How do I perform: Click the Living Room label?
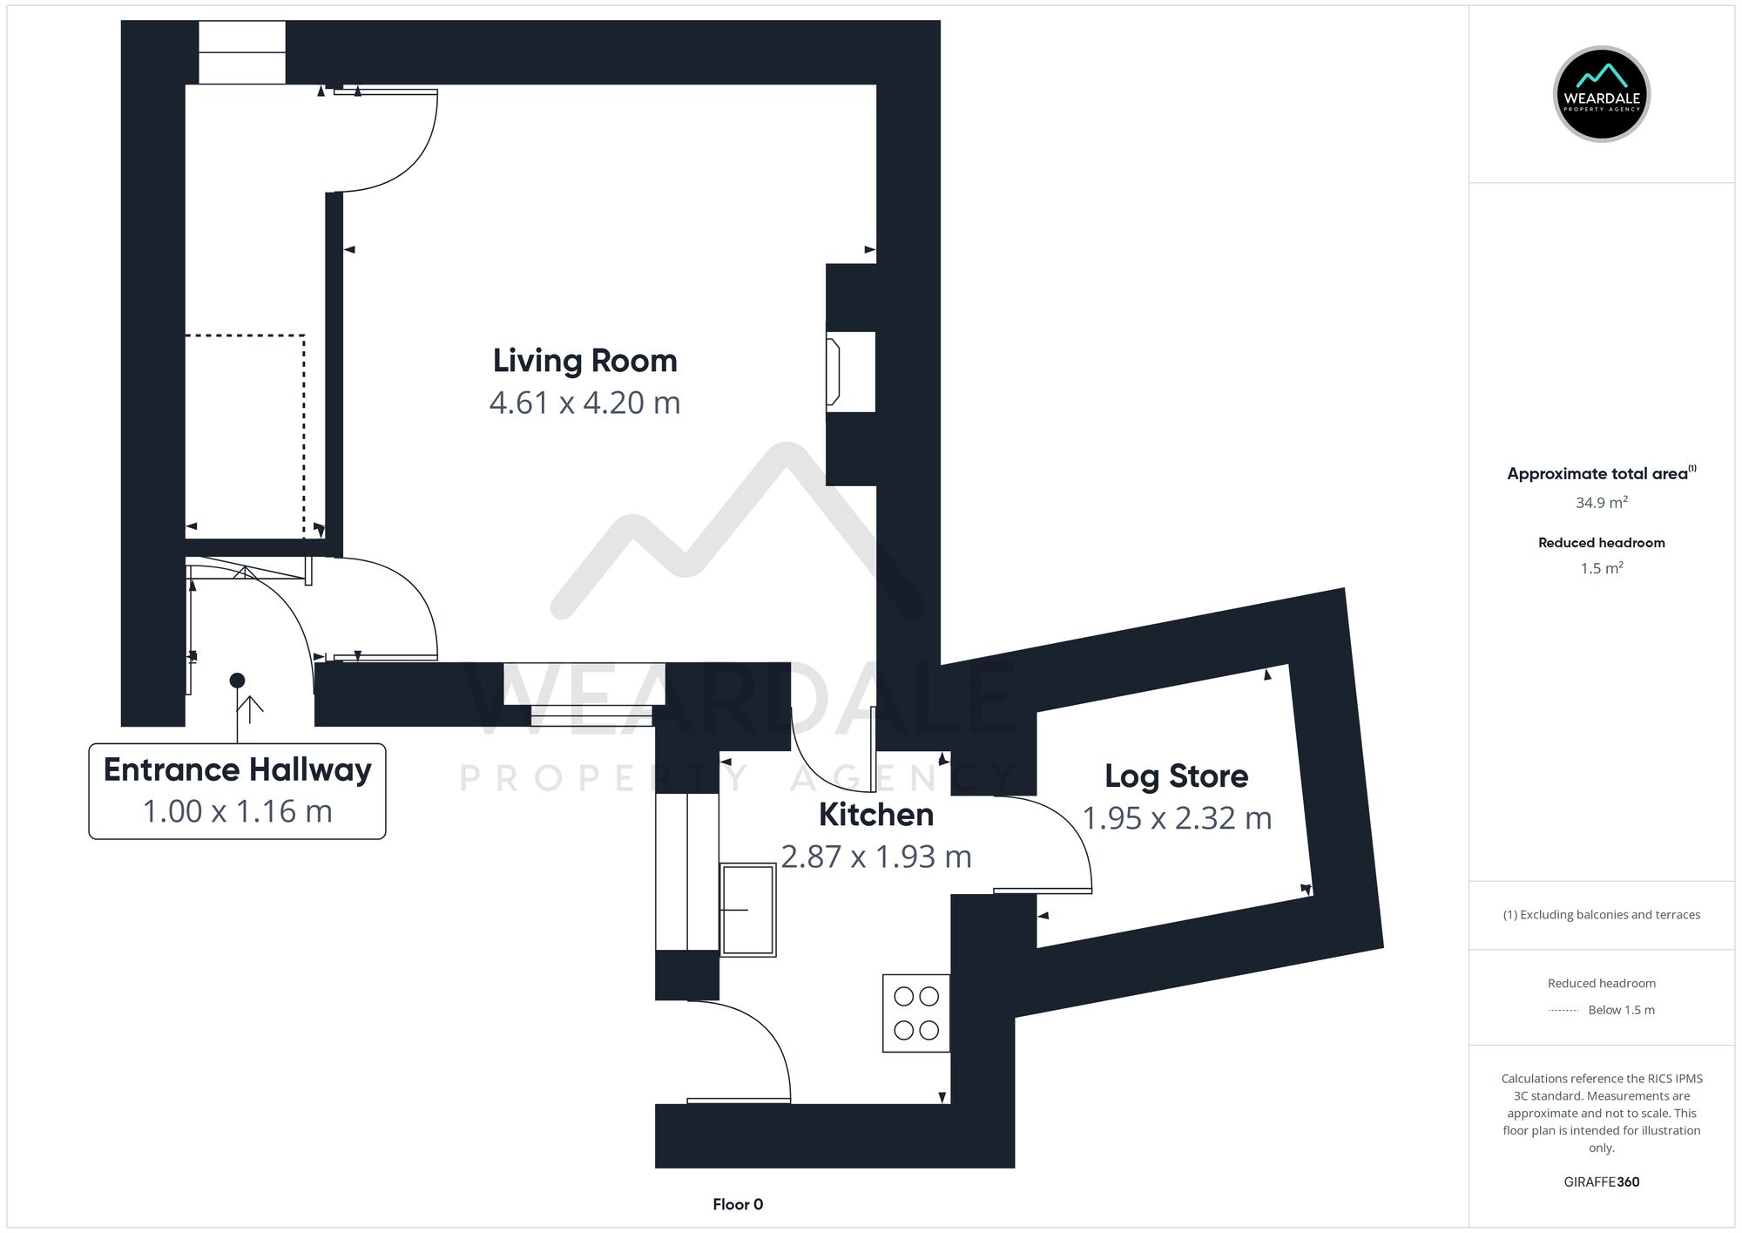[585, 361]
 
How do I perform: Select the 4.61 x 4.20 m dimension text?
[585, 403]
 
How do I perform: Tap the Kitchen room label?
[876, 815]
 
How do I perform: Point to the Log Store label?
[1177, 776]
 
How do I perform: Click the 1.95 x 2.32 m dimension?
[1177, 818]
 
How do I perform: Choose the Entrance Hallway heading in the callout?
[238, 770]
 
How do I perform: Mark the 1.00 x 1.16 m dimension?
[238, 811]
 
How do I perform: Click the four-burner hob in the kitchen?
[916, 1013]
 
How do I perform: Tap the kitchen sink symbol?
[747, 910]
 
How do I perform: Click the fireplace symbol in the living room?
[834, 372]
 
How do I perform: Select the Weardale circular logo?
[1602, 94]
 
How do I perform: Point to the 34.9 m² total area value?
[1602, 503]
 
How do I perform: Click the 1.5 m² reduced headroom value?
[1602, 568]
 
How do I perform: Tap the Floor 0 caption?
[738, 1204]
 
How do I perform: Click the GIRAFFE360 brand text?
[1602, 1182]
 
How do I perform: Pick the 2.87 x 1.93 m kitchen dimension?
[876, 857]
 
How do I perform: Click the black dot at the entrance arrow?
[237, 681]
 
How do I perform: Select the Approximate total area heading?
[1602, 473]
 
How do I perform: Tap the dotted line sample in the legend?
[1563, 1011]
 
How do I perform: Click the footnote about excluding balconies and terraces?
[1602, 915]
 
